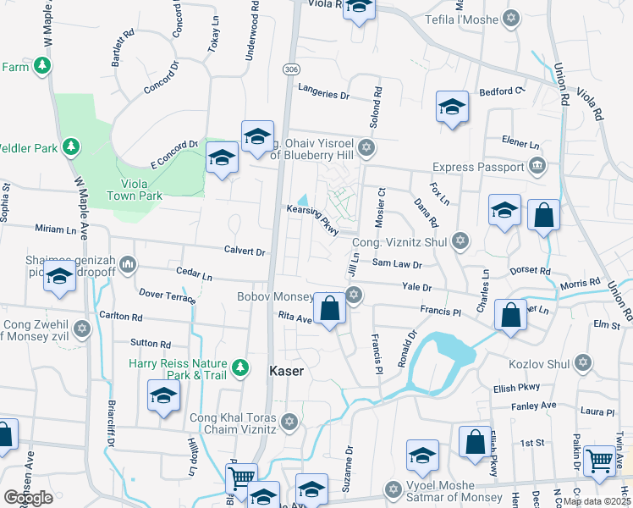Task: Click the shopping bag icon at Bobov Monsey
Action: [330, 307]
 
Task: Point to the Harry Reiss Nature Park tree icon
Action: [241, 367]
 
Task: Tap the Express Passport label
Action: [478, 167]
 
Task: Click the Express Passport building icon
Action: [537, 167]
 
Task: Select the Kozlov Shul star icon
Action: [581, 363]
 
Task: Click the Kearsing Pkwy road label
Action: [312, 218]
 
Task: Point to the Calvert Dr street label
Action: [245, 251]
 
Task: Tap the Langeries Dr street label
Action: [322, 96]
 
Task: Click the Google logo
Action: [28, 497]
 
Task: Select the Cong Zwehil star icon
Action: [82, 328]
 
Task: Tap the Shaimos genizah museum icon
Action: [128, 264]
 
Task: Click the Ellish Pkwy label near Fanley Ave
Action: [515, 389]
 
